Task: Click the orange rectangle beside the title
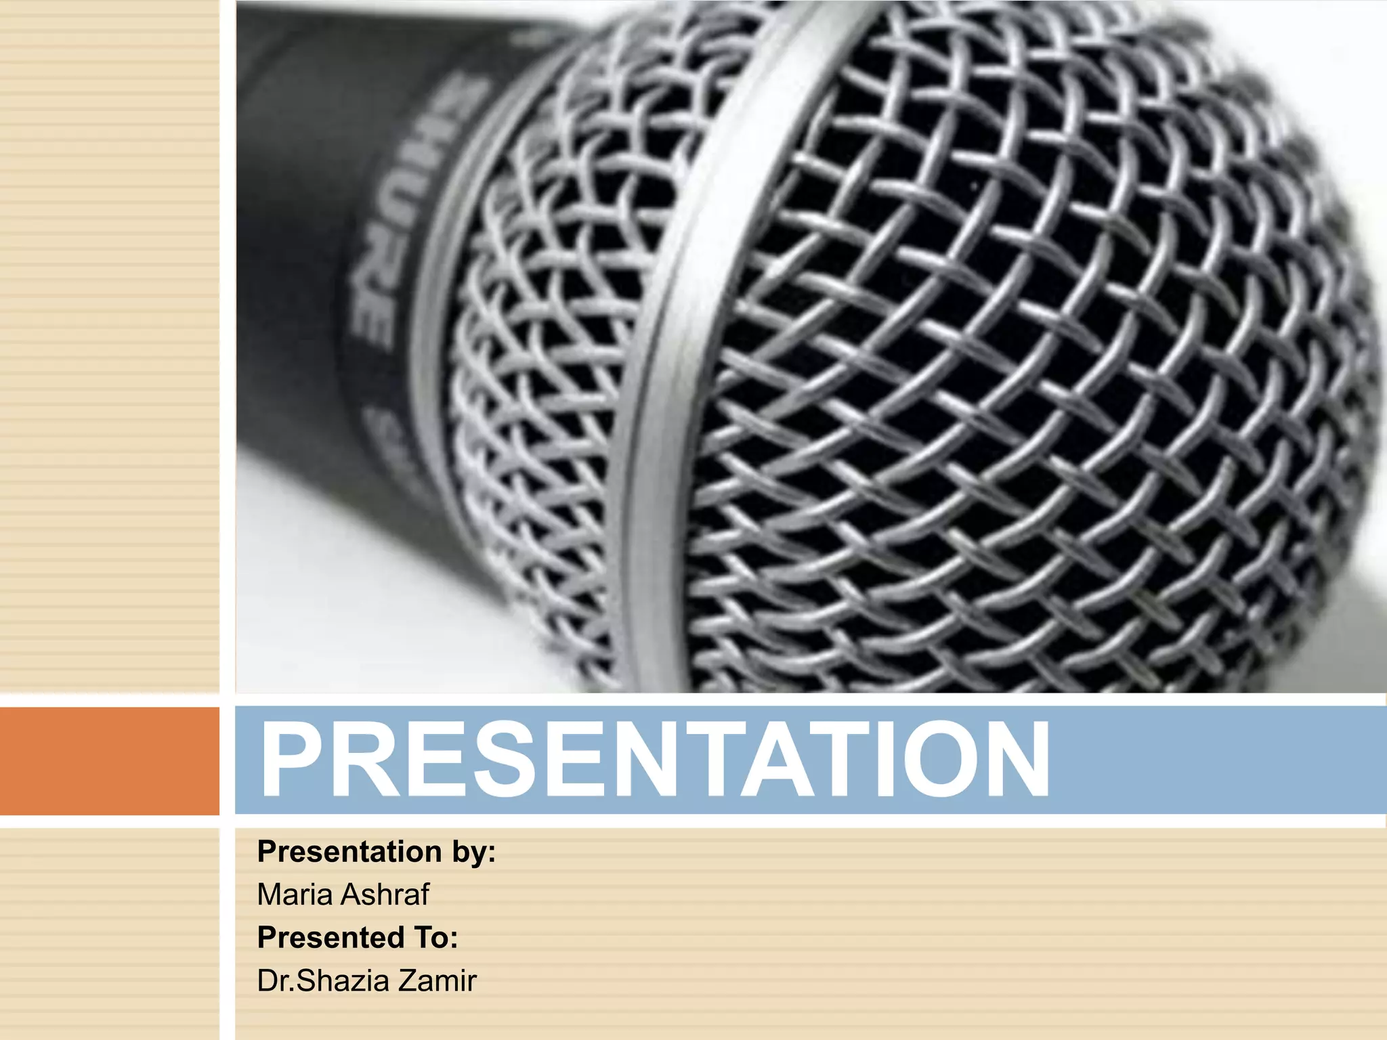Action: click(x=109, y=760)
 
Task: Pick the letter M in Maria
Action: click(x=270, y=894)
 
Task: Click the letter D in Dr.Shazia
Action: click(x=266, y=981)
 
